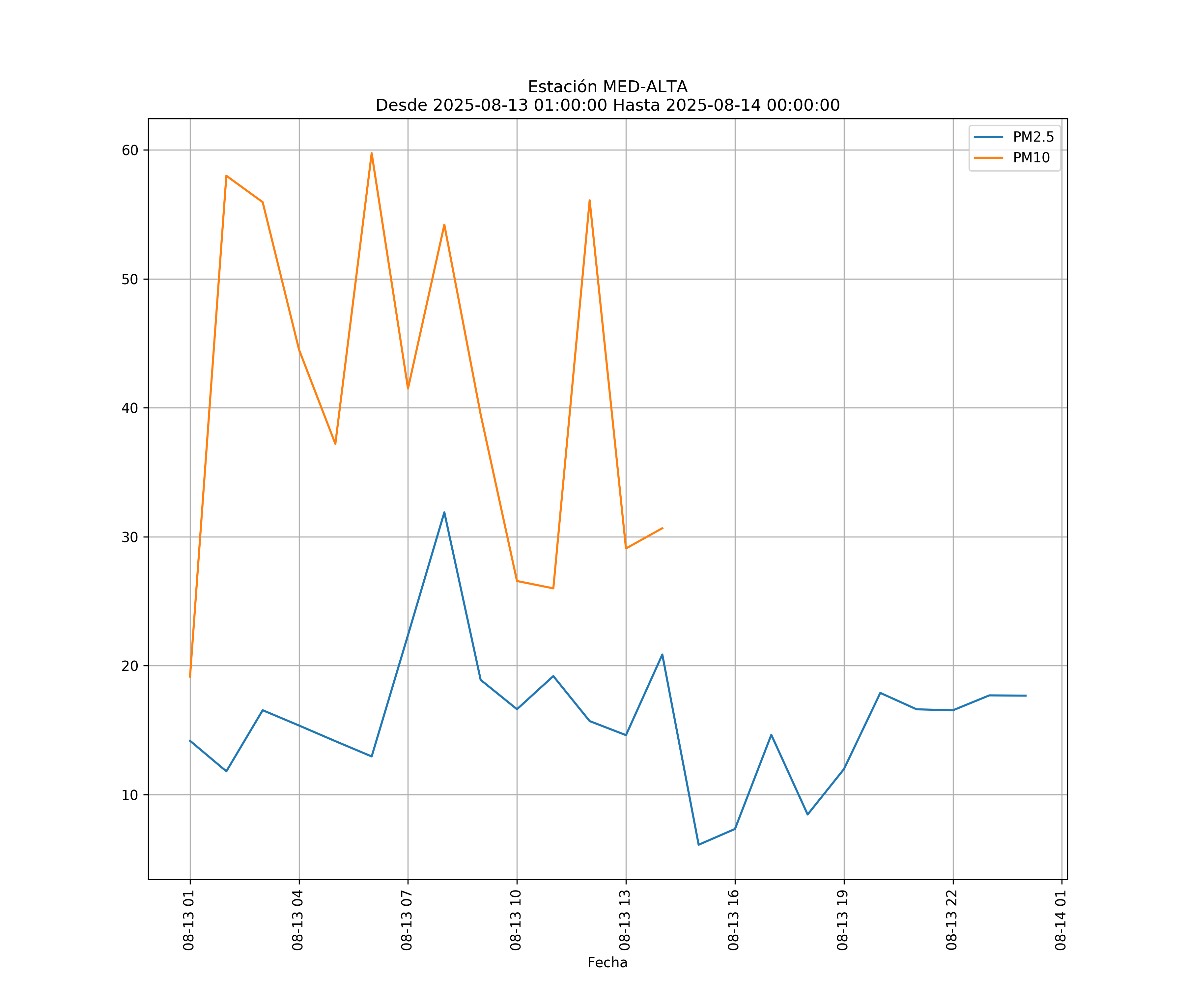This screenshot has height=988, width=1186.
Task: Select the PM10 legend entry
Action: (1031, 158)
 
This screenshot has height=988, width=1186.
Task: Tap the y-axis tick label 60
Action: (130, 150)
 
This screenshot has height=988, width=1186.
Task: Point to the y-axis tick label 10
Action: (130, 795)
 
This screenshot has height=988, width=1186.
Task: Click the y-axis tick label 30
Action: (130, 537)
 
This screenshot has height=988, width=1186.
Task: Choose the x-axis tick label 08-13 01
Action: (189, 920)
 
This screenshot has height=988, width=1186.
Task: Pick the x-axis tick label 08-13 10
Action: (516, 920)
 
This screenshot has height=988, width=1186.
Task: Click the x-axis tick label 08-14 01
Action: (1060, 920)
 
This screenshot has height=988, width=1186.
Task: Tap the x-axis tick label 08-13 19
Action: (843, 920)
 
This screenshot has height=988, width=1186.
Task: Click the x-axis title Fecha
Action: (607, 963)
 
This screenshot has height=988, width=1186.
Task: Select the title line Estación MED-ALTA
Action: (607, 87)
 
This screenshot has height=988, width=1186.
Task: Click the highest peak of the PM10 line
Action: (372, 153)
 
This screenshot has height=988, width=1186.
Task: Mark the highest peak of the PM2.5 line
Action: (444, 512)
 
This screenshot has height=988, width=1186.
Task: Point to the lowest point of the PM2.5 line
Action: (699, 845)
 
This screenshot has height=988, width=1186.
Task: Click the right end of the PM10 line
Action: (663, 528)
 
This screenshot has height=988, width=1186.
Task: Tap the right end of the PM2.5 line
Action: (1026, 696)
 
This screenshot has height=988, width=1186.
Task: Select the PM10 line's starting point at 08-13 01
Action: (190, 676)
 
